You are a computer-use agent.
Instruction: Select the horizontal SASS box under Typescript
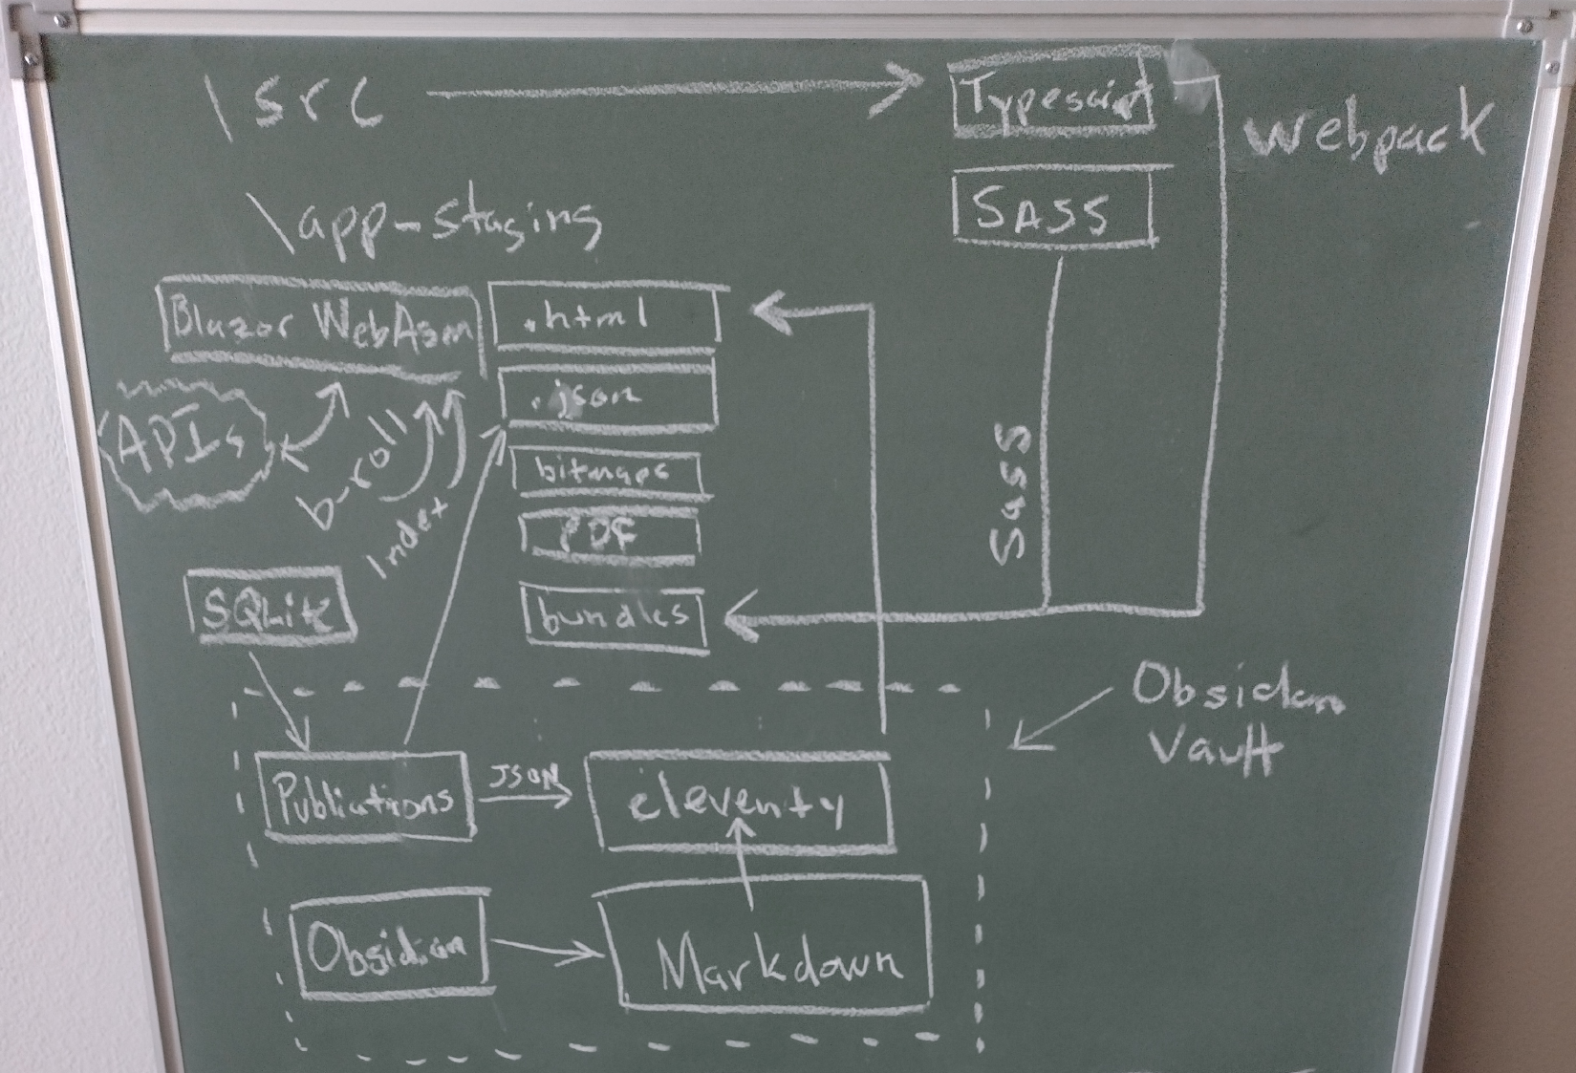coord(1051,208)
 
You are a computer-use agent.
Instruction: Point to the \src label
coord(295,103)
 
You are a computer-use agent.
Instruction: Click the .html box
coord(604,316)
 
